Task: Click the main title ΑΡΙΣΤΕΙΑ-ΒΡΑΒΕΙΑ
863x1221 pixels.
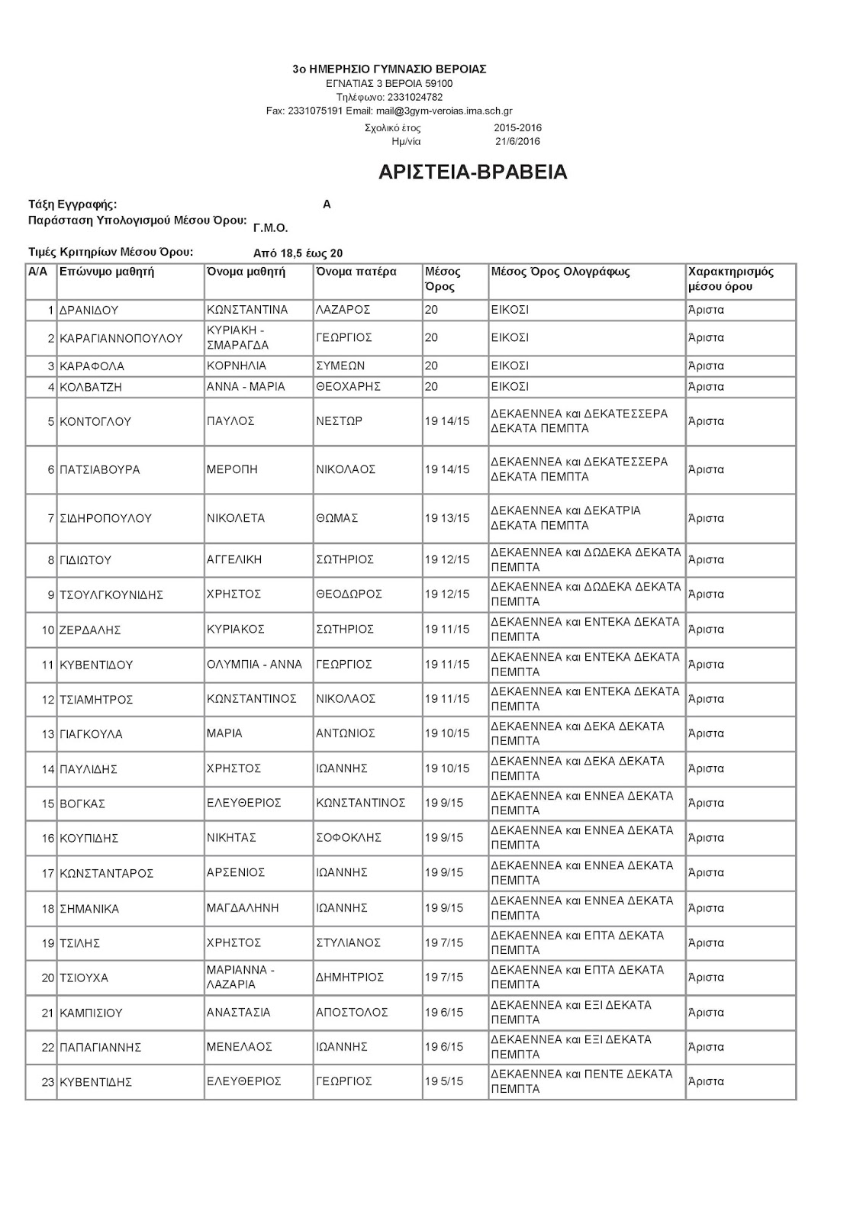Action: point(473,172)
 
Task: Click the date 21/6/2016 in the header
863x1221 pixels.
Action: point(517,141)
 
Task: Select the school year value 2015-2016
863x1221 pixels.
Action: point(517,128)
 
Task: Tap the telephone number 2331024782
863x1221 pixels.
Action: point(414,97)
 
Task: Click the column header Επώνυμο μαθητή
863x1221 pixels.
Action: point(107,272)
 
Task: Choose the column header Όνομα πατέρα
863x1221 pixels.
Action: point(356,272)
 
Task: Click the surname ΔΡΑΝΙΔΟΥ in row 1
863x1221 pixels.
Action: point(89,311)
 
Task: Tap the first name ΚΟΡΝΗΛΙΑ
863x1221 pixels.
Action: point(237,366)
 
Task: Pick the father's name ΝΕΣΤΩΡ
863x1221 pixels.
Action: point(339,421)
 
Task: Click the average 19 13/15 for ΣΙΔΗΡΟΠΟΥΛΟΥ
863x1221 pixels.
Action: point(447,519)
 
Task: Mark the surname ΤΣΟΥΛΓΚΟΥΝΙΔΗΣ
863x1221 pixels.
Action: point(111,595)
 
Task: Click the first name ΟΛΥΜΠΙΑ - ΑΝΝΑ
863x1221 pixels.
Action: point(254,665)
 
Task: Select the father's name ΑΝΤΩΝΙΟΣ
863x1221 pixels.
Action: point(346,734)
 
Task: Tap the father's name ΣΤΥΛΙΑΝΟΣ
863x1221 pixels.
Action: point(348,943)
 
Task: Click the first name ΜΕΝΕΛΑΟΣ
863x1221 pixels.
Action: point(239,1047)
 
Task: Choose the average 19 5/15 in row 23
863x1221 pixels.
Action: point(444,1082)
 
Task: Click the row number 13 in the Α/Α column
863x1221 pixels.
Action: point(49,734)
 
